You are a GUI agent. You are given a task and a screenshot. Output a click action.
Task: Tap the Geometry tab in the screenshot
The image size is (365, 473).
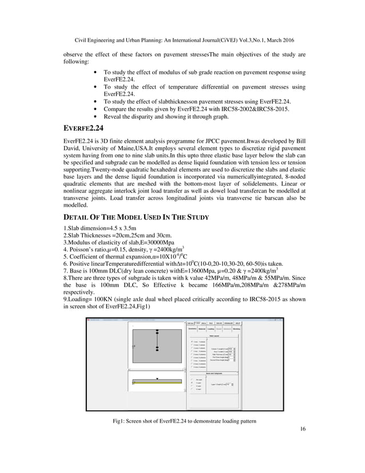click(x=192, y=329)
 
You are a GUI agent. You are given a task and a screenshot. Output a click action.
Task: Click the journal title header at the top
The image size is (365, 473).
click(x=182, y=40)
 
